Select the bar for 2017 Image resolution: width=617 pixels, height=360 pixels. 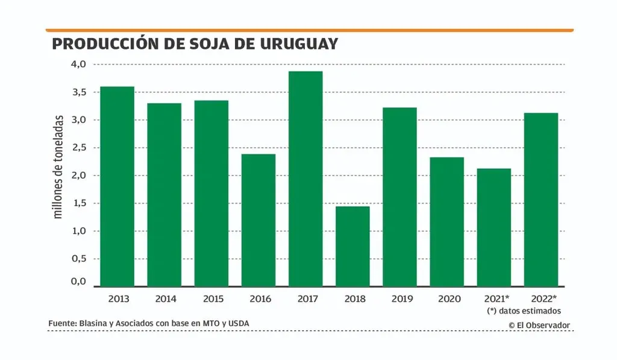pos(305,178)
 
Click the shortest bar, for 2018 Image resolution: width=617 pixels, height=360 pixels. pos(352,246)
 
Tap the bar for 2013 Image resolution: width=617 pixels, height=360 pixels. pos(117,186)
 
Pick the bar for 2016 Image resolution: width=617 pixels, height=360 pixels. pos(258,220)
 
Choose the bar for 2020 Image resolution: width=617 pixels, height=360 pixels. pos(446,221)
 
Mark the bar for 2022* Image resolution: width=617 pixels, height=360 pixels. pos(541,200)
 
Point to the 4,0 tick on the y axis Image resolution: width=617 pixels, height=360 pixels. pos(79,64)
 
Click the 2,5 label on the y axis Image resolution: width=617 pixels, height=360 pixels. pos(79,148)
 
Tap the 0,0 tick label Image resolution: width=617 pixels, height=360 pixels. pos(79,282)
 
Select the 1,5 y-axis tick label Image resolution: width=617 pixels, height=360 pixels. pos(79,203)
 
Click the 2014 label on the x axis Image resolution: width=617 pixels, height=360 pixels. pos(165,298)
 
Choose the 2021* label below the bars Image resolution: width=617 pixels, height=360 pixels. pos(496,298)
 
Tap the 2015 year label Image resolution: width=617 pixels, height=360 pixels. pos(211,298)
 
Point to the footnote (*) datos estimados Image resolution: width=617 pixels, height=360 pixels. pos(524,311)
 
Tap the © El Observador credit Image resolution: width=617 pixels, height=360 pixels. pos(539,325)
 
